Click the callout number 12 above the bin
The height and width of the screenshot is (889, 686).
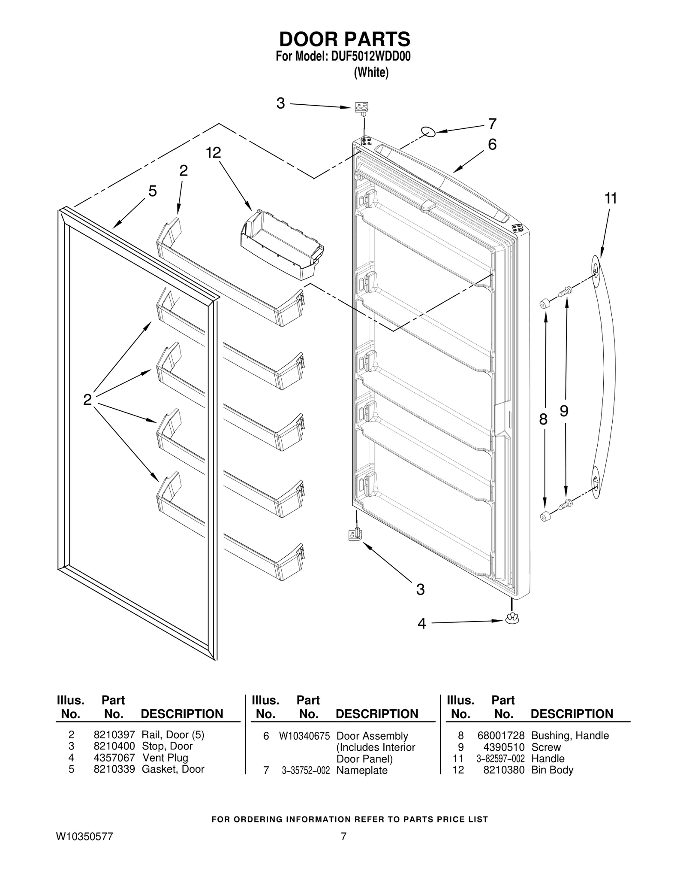[x=213, y=152]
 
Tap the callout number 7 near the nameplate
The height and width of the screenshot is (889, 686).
[x=492, y=124]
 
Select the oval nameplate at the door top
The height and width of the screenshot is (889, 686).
[x=428, y=132]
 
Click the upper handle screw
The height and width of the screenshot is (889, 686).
[x=566, y=291]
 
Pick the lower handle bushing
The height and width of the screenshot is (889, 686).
[x=545, y=516]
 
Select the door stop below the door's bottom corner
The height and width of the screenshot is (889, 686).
[x=355, y=534]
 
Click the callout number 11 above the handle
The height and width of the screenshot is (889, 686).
[x=611, y=199]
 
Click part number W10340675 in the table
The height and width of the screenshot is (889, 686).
[x=304, y=736]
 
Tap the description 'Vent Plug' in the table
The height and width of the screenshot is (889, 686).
[x=165, y=758]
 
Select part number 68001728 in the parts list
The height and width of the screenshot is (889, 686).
[x=501, y=735]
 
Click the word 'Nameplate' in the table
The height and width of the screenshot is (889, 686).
[x=362, y=770]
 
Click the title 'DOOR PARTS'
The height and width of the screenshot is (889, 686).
[x=345, y=39]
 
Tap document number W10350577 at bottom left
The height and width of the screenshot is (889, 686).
[x=84, y=836]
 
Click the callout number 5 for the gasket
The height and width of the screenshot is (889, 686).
[x=152, y=191]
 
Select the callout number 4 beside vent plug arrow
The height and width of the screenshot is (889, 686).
[x=422, y=624]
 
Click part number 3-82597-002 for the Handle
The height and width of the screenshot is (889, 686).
[x=500, y=759]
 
